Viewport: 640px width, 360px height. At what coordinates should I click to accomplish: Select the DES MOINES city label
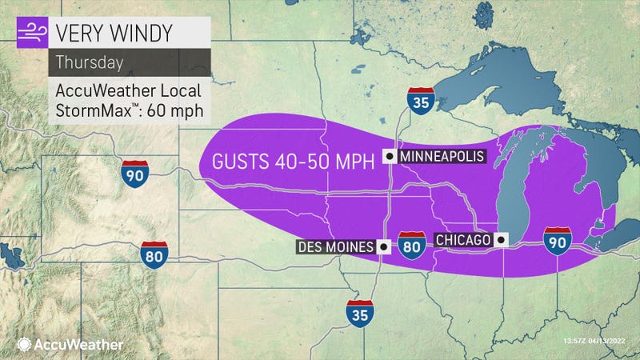click(334, 247)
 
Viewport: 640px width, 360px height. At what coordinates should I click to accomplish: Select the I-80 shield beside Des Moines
click(411, 247)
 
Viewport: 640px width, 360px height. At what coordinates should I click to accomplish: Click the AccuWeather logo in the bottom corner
click(68, 344)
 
